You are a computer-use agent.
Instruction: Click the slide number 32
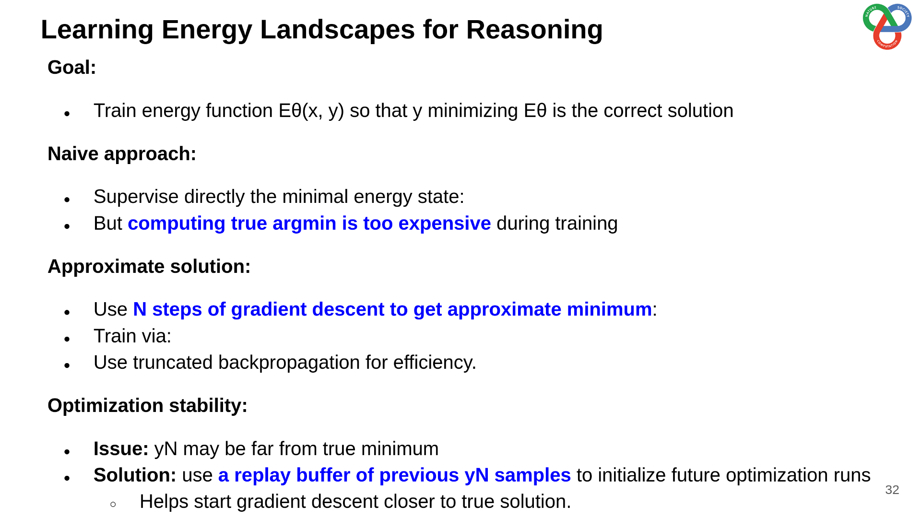tap(892, 490)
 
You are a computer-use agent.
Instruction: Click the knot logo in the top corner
tap(887, 26)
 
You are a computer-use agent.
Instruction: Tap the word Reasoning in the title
tap(534, 30)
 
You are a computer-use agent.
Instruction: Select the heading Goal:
tap(72, 68)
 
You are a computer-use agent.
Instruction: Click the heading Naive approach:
tap(122, 154)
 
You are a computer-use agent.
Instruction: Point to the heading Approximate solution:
tap(149, 267)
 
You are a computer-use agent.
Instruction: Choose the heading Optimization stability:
tap(147, 406)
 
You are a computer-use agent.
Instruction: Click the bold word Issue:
tap(121, 449)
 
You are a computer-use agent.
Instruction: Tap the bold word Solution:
tap(135, 475)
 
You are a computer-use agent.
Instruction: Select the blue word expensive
tap(445, 224)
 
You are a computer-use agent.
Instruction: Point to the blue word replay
tap(262, 476)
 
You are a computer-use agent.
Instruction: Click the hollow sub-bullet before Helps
tap(113, 504)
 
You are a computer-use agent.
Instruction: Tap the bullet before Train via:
tap(67, 339)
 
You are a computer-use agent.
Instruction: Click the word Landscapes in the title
tap(336, 30)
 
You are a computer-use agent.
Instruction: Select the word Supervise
tap(136, 197)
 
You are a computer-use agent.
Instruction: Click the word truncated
tap(173, 363)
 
